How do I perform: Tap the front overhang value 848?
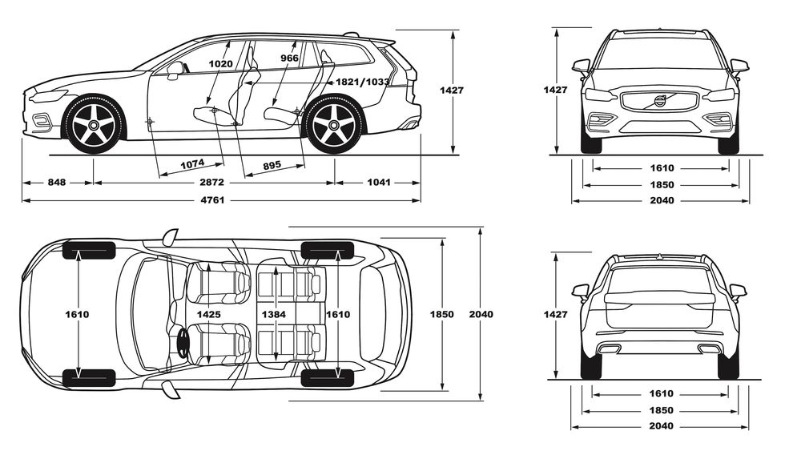click(57, 183)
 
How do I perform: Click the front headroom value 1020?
click(219, 64)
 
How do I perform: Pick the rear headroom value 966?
click(290, 58)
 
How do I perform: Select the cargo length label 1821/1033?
click(362, 82)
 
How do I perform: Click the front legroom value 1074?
click(191, 164)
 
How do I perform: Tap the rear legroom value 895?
click(272, 165)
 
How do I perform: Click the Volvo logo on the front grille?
click(659, 101)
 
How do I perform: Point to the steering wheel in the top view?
click(183, 343)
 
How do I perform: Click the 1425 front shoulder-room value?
click(208, 315)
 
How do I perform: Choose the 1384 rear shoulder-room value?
click(274, 315)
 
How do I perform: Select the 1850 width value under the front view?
click(661, 185)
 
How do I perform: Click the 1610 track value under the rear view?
click(661, 393)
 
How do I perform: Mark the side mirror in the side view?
click(175, 69)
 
